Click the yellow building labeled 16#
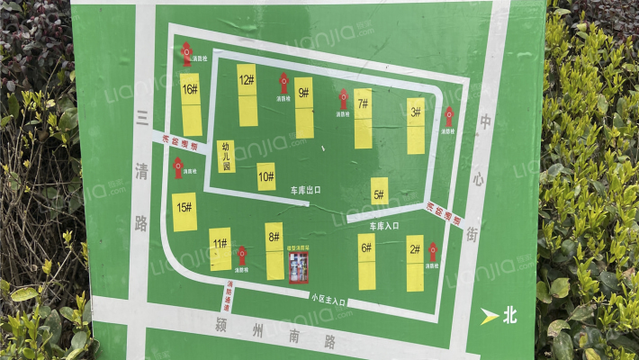tap(191, 103)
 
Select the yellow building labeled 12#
tap(247, 94)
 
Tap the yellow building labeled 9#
tap(304, 107)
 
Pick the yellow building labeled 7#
tap(363, 118)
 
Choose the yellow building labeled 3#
tap(415, 125)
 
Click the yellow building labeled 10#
tap(266, 176)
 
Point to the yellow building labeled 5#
tap(379, 191)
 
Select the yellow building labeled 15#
tap(184, 211)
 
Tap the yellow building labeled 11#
tap(220, 249)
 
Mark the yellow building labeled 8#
tap(274, 251)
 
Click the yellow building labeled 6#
tap(366, 262)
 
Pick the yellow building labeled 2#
tap(414, 263)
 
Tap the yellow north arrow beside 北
tap(489, 316)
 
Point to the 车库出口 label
tap(305, 191)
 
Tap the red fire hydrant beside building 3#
tap(448, 116)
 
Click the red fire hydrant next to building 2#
tap(433, 251)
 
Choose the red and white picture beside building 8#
tap(298, 266)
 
